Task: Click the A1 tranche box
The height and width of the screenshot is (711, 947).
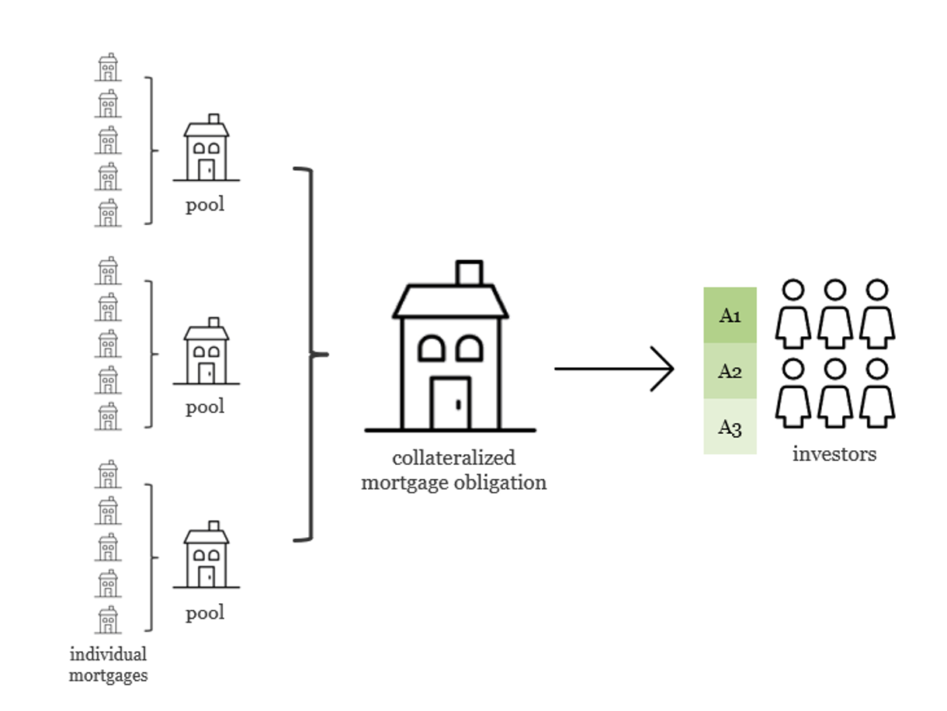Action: point(730,315)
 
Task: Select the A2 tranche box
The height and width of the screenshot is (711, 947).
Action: point(730,371)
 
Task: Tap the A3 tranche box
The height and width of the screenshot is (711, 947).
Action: point(730,427)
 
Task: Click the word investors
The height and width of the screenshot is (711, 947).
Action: point(834,454)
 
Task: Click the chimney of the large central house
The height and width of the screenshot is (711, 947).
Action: point(470,273)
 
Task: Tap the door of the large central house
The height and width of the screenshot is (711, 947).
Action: point(451,403)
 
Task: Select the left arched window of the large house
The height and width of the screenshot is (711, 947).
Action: point(432,349)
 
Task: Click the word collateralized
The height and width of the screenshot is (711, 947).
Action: point(453,457)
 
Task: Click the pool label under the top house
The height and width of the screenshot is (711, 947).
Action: point(205,205)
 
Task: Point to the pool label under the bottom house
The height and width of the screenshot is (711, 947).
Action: point(205,613)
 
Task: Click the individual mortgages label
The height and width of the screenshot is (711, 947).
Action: point(108,664)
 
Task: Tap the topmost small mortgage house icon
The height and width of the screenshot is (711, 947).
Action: point(108,68)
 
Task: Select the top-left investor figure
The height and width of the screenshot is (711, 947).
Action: point(793,314)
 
